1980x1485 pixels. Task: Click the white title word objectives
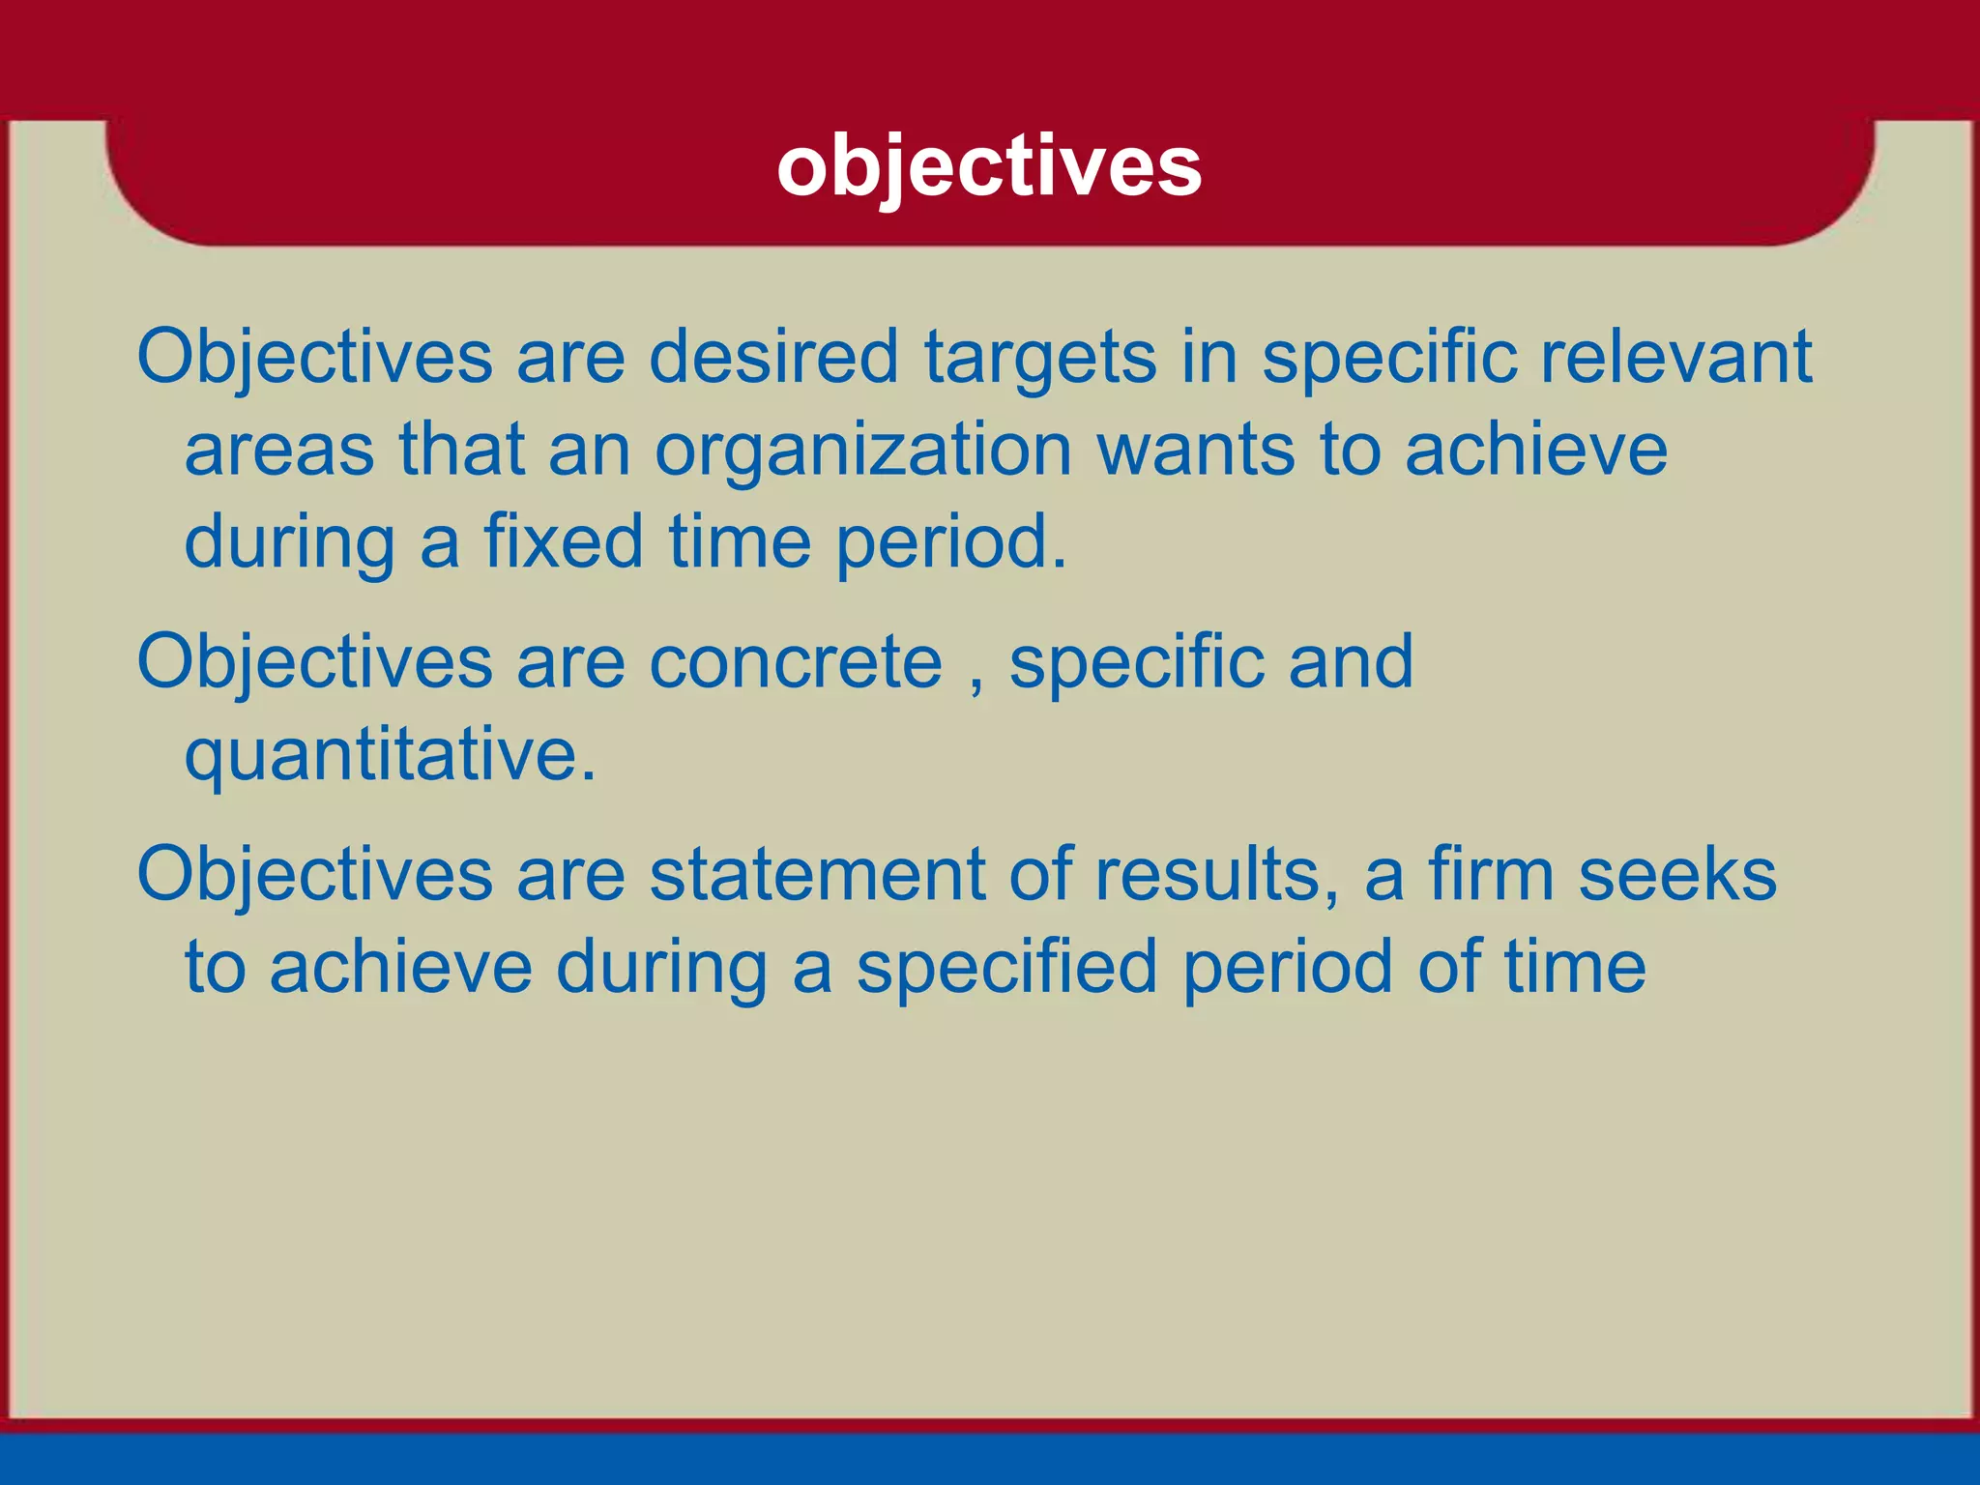[989, 167]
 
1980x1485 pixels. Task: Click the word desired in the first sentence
[773, 357]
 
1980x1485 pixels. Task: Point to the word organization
[862, 451]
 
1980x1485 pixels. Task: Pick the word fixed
[563, 541]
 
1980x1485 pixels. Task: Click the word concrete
[795, 663]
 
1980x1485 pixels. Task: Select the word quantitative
[390, 756]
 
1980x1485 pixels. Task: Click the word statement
[817, 875]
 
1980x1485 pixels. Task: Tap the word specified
[1006, 968]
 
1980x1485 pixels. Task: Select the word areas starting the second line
[278, 451]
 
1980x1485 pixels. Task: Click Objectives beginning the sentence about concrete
[314, 663]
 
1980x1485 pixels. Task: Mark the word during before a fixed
[289, 543]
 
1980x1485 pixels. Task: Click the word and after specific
[1351, 663]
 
